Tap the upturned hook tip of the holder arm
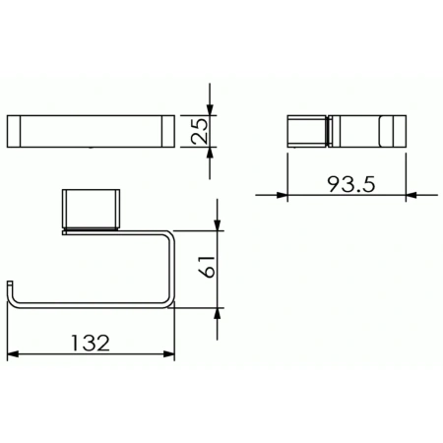pyautogui.click(x=12, y=291)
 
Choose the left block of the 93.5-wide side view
pyautogui.click(x=305, y=129)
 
